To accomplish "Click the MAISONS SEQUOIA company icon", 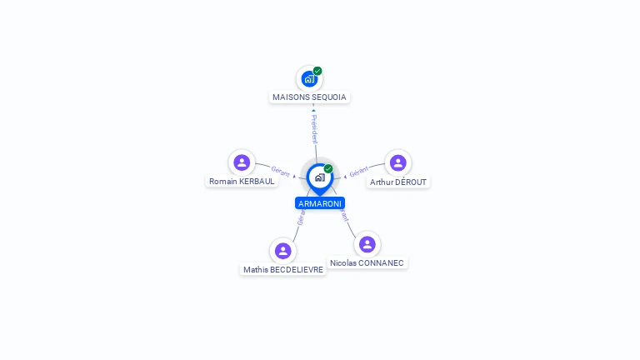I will (x=309, y=79).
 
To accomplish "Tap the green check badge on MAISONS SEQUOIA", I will (x=317, y=71).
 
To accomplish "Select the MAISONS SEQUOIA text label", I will (x=309, y=97).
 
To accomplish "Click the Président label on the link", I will (x=314, y=128).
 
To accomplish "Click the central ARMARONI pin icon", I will (x=319, y=177).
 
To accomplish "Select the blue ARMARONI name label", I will (x=320, y=203).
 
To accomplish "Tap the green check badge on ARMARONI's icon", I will (x=328, y=169).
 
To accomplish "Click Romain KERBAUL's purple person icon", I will (x=242, y=162).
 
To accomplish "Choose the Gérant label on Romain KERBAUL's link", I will (x=281, y=171).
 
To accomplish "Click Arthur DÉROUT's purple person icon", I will (x=397, y=162).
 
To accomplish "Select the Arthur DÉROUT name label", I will (x=398, y=182).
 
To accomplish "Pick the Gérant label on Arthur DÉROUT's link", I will (x=358, y=171).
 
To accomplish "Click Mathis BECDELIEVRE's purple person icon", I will (x=283, y=251).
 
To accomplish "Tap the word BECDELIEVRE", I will (x=297, y=270).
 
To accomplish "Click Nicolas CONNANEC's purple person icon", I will (x=367, y=244).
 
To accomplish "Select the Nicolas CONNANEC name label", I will (x=367, y=263).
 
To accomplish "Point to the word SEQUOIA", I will (x=328, y=97).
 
